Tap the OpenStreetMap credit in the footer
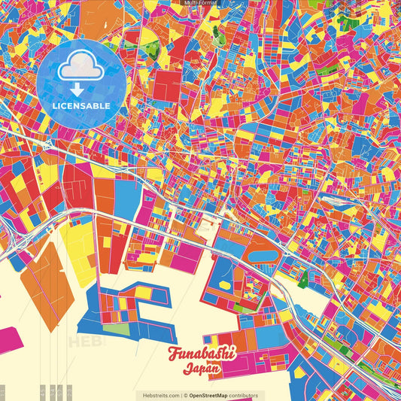click(x=214, y=395)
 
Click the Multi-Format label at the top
click(x=200, y=3)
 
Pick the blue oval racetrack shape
click(x=264, y=256)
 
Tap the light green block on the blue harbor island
click(x=117, y=328)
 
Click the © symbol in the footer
click(x=185, y=395)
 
